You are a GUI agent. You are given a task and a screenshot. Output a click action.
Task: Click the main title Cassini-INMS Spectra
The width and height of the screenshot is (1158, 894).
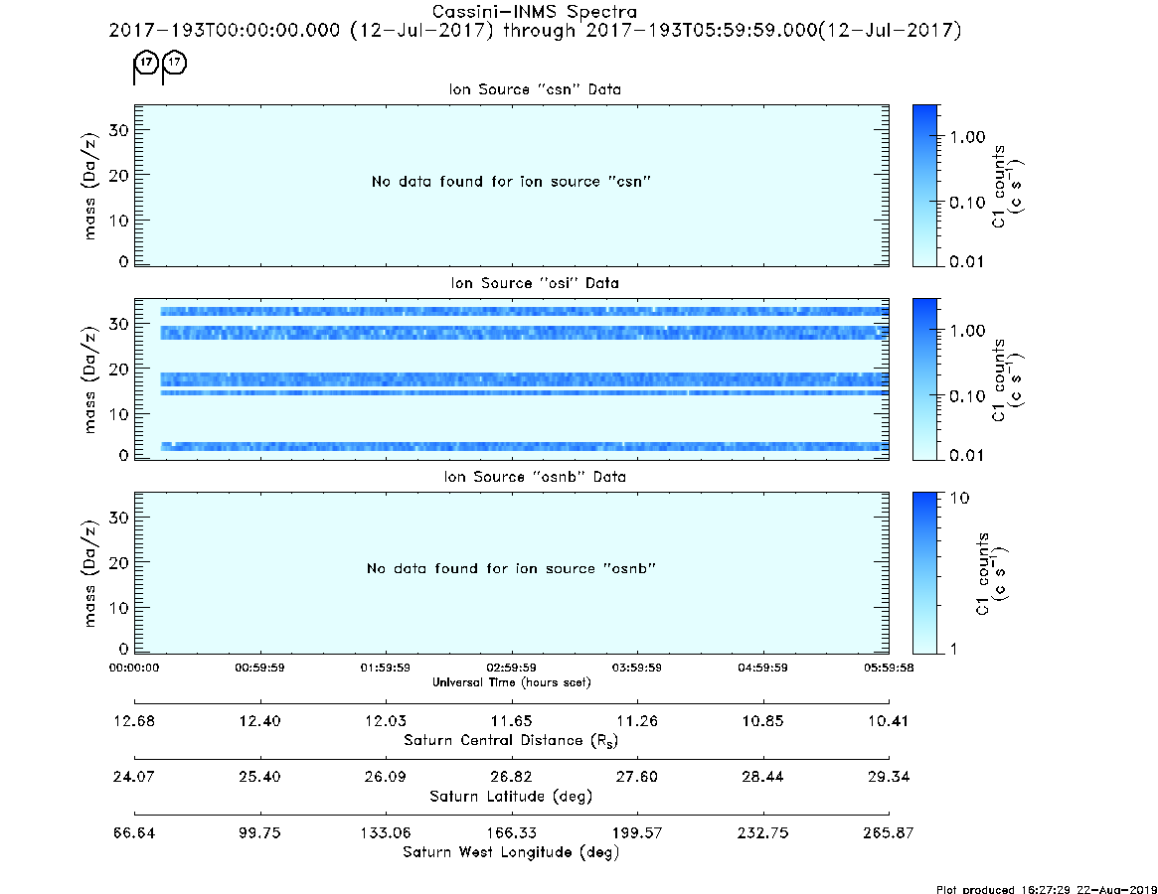(534, 12)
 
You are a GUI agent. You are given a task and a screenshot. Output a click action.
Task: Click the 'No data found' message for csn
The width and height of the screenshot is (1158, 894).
(511, 182)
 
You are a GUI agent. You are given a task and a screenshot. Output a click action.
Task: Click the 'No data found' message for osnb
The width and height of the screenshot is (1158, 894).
(511, 568)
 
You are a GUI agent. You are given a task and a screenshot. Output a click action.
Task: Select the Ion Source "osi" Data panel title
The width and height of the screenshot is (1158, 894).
(535, 283)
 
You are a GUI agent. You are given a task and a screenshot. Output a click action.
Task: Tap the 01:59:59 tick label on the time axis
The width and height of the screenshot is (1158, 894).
(386, 668)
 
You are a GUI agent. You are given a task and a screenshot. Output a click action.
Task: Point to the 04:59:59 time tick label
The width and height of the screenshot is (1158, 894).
(763, 668)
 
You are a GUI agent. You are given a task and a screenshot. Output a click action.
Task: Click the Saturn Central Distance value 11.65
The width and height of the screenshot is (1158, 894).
(511, 721)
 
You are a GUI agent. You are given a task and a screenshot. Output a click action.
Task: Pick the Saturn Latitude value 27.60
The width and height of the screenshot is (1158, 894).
(636, 777)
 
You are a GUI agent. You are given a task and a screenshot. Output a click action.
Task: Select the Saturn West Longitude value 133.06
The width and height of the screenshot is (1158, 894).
(386, 832)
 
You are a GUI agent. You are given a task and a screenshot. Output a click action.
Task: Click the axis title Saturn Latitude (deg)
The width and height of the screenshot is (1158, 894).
(511, 797)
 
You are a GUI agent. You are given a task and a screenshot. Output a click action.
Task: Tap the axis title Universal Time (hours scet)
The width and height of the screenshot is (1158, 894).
(511, 682)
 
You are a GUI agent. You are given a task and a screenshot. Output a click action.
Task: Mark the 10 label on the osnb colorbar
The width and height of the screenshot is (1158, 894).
(959, 499)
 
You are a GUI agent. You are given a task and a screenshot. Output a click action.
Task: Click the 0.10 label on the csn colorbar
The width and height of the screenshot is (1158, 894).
(967, 203)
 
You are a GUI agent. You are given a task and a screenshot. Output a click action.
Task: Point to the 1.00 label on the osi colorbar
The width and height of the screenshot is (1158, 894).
(967, 331)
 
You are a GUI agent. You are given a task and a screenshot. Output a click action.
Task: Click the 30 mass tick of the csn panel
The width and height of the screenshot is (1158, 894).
(119, 131)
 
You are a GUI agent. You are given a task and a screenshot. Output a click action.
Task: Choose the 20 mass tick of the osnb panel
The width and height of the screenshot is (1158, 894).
(119, 562)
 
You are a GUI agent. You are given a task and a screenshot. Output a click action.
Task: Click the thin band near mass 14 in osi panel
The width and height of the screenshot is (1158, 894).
(525, 392)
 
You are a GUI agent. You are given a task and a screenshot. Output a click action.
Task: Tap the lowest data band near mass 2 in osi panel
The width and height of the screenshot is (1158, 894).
(525, 447)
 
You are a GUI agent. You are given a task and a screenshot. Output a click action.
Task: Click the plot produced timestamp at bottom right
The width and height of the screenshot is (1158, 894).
(1047, 889)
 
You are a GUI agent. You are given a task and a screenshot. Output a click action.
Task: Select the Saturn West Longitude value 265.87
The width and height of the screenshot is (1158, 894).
(889, 832)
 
